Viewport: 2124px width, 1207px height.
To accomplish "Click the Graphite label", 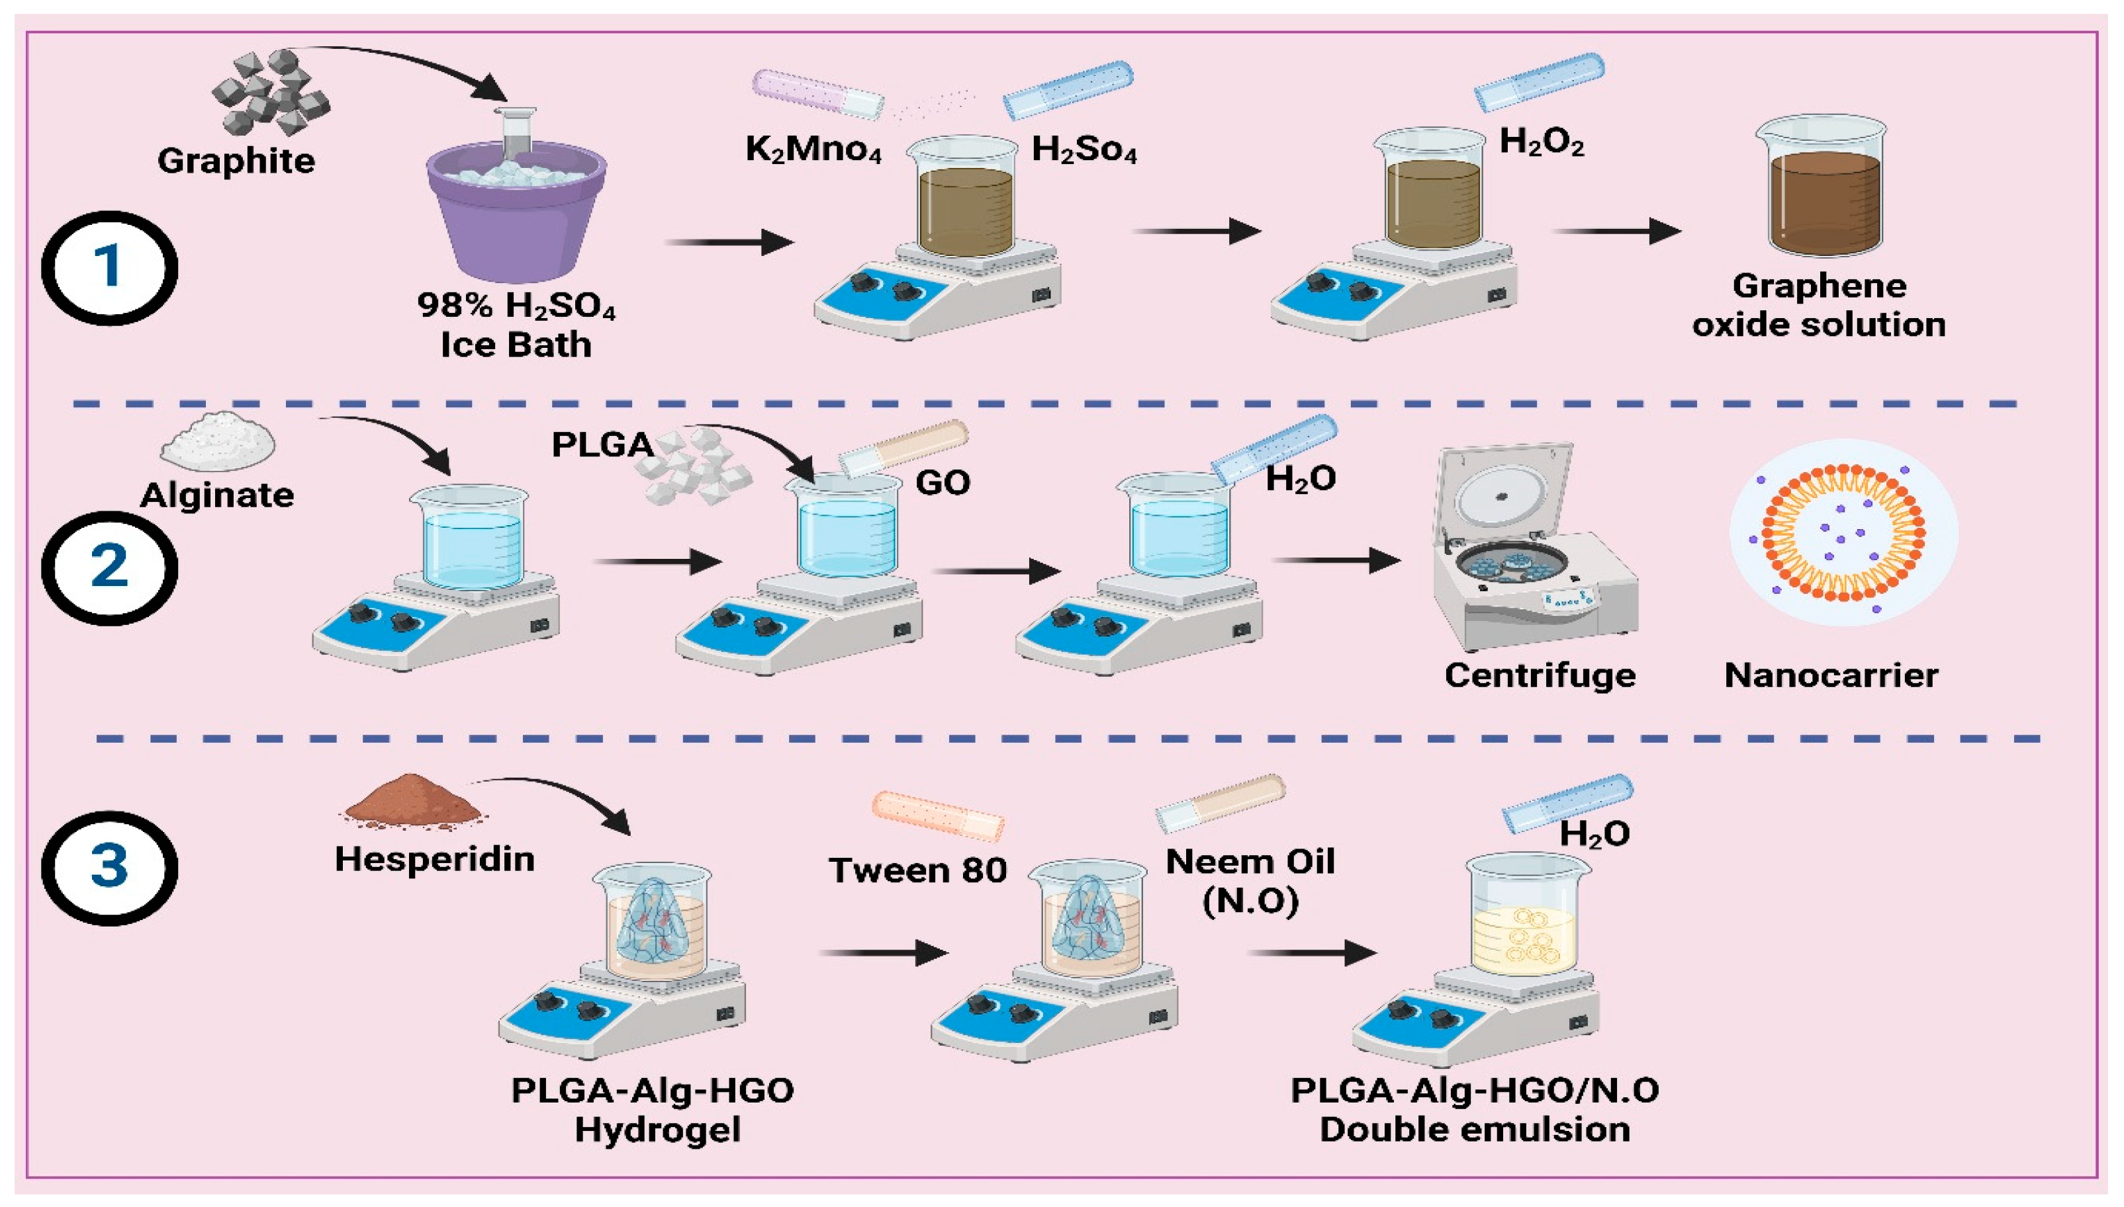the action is click(x=236, y=161).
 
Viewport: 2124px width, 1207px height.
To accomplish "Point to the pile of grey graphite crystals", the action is click(x=270, y=91).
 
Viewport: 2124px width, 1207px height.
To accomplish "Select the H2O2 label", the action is click(x=1542, y=144).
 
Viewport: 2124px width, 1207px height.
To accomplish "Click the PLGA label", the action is click(x=603, y=445).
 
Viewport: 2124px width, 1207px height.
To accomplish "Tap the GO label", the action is click(x=943, y=481).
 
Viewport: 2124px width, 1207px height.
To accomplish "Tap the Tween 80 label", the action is click(x=918, y=870).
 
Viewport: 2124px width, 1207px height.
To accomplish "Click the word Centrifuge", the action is click(x=1540, y=676).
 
